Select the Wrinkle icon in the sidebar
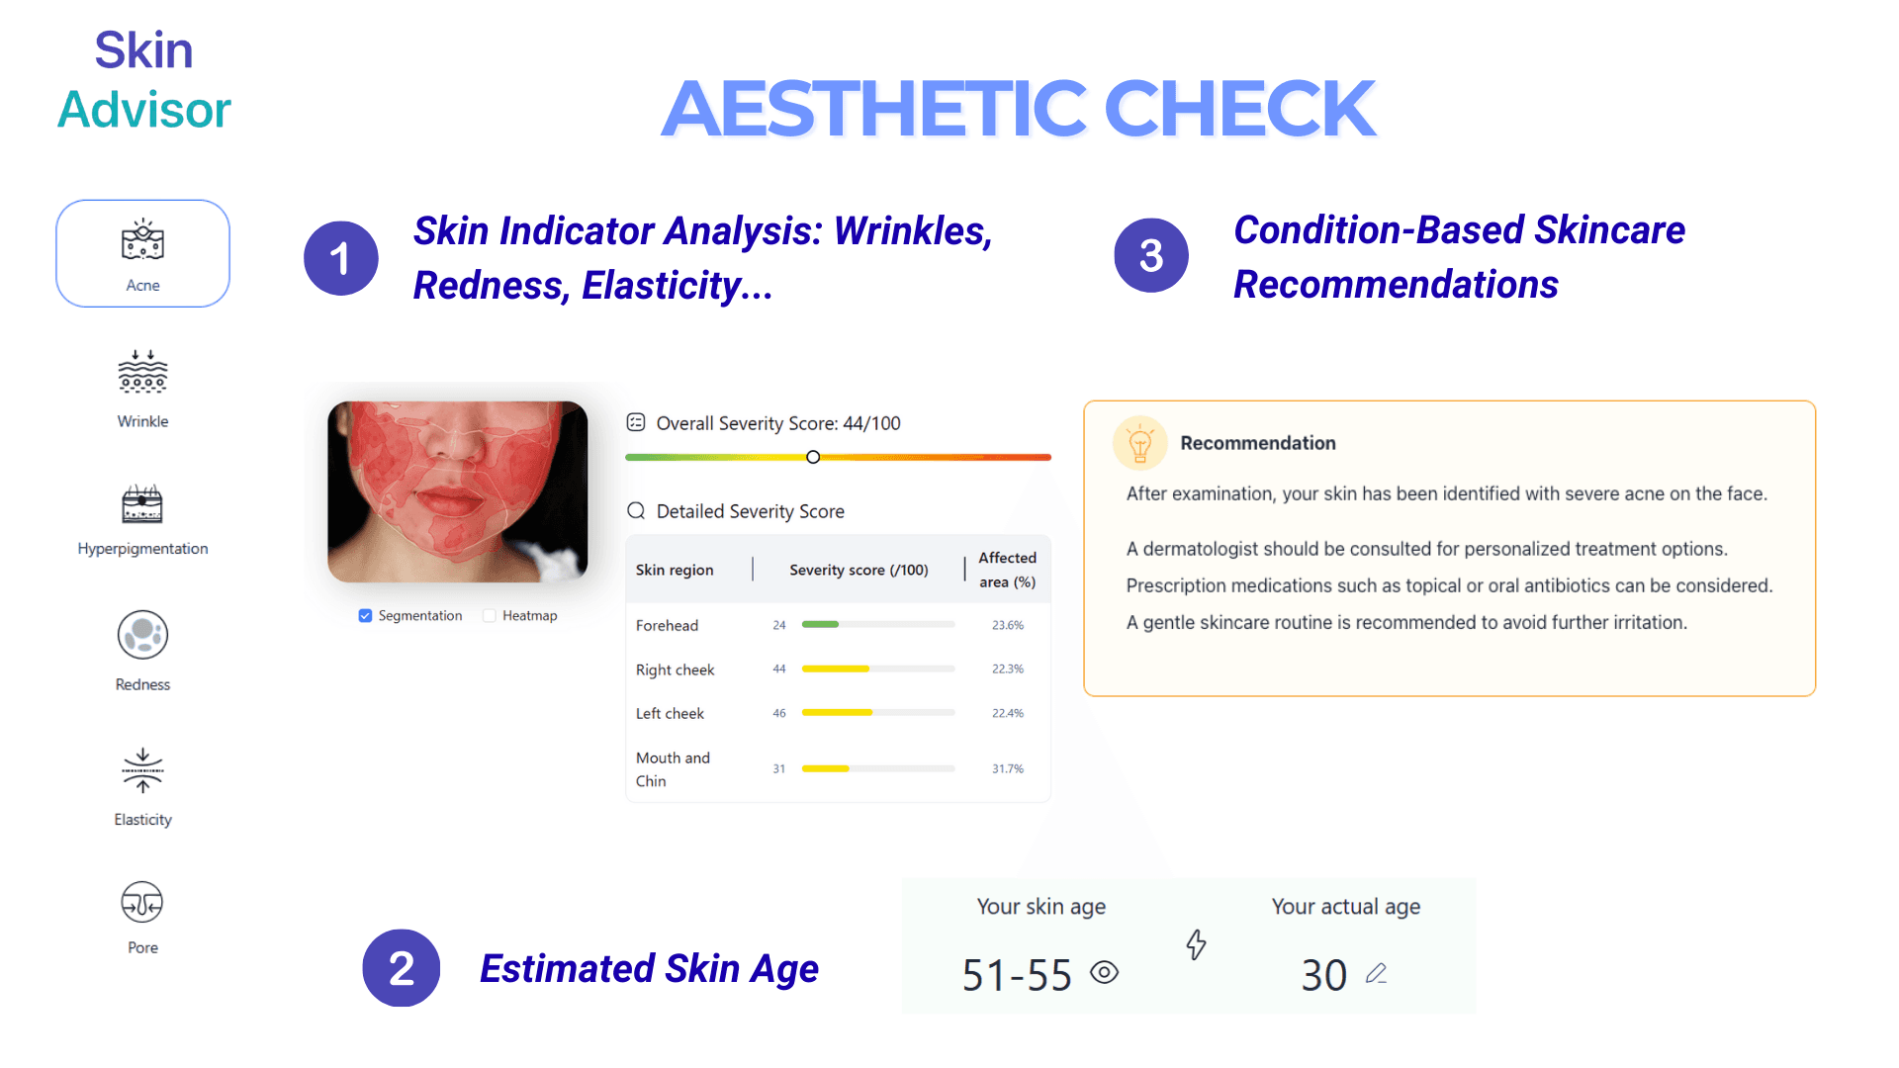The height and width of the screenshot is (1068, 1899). click(x=142, y=373)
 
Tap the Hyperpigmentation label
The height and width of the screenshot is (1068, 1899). click(x=142, y=549)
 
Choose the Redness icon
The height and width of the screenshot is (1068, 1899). click(x=142, y=635)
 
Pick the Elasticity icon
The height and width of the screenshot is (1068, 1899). click(x=142, y=770)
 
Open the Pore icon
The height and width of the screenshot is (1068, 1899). click(x=142, y=902)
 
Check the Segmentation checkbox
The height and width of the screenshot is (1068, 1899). click(x=366, y=616)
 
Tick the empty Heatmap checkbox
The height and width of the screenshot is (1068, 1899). click(x=490, y=616)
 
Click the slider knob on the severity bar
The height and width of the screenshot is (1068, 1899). click(x=813, y=457)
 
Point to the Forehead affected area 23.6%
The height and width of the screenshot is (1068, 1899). click(x=1008, y=625)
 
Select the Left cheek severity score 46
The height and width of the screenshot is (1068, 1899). click(x=779, y=713)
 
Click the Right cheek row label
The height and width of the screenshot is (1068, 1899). click(x=675, y=669)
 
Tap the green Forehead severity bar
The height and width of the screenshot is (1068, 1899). click(x=820, y=624)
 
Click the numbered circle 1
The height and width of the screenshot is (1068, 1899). click(x=340, y=258)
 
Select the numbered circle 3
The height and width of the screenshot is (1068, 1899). click(x=1151, y=256)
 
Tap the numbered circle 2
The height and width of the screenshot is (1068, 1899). click(x=401, y=968)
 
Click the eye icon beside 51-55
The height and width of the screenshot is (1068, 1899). click(x=1104, y=973)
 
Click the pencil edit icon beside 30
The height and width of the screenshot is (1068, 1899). click(x=1376, y=974)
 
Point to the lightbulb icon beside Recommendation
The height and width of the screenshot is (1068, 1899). click(x=1139, y=443)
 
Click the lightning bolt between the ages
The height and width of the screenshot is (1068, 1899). click(x=1197, y=944)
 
